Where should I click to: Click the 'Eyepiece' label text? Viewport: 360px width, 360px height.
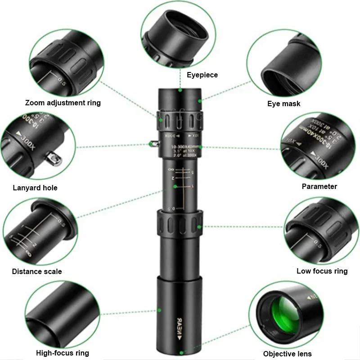(202, 75)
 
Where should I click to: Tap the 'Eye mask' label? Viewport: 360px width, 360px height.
(283, 104)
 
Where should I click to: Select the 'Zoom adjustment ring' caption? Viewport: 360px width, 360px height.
(63, 103)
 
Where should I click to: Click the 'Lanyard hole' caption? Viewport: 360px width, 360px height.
(35, 188)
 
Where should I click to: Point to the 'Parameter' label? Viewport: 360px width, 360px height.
(319, 186)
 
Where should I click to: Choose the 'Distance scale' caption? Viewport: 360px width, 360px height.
(37, 271)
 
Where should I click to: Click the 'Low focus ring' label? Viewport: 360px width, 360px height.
(322, 271)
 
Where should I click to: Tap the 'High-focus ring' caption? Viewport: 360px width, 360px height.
(63, 353)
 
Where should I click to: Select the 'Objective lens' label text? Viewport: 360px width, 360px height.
(287, 354)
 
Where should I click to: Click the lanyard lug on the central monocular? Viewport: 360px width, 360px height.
(153, 144)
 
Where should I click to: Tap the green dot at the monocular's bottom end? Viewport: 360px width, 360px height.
(181, 353)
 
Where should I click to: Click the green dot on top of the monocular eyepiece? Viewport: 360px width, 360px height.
(180, 90)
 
